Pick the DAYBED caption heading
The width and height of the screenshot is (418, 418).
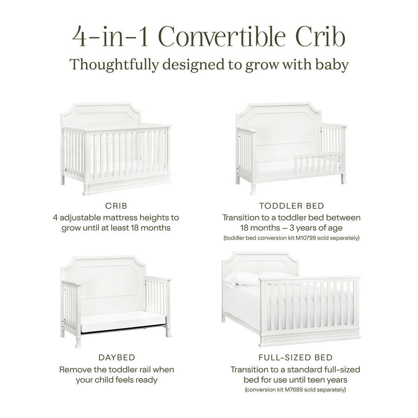[x=117, y=358]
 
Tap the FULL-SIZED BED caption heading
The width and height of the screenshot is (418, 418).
[x=295, y=358]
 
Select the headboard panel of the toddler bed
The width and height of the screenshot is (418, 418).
[x=278, y=130]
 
